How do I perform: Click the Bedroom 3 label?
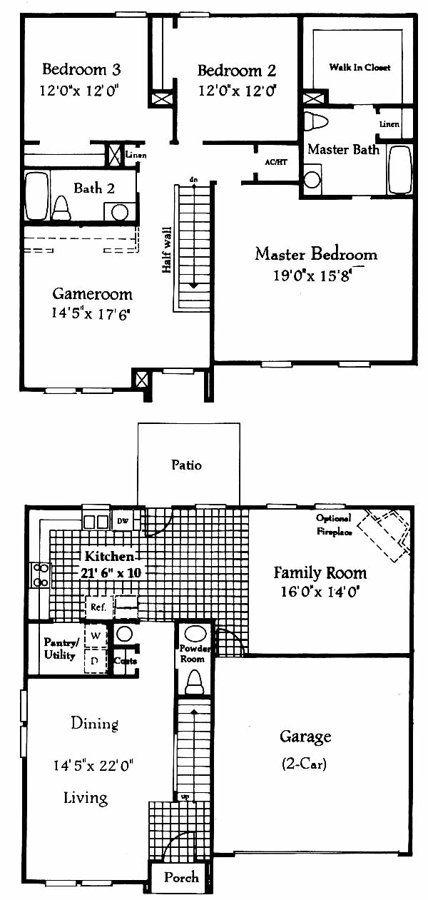click(x=81, y=69)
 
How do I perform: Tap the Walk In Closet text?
click(x=360, y=68)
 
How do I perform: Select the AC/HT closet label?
click(x=276, y=162)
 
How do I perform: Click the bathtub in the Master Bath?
click(x=400, y=170)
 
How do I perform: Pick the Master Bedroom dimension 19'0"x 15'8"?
click(x=312, y=275)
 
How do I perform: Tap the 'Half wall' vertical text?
click(x=167, y=250)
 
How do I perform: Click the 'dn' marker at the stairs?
click(x=193, y=180)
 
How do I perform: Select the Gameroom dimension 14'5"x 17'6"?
click(x=91, y=313)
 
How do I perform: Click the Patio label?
click(x=186, y=465)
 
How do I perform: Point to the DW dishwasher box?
click(x=123, y=521)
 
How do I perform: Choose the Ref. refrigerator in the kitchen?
click(x=98, y=607)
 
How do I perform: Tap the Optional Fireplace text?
click(x=334, y=525)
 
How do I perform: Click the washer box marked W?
click(x=96, y=636)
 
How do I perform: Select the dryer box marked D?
click(x=96, y=660)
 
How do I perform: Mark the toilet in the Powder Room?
click(x=194, y=682)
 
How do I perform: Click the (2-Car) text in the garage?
click(x=304, y=764)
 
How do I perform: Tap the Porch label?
click(x=181, y=876)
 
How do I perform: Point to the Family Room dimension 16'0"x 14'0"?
click(x=320, y=592)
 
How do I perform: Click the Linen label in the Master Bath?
click(x=389, y=124)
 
